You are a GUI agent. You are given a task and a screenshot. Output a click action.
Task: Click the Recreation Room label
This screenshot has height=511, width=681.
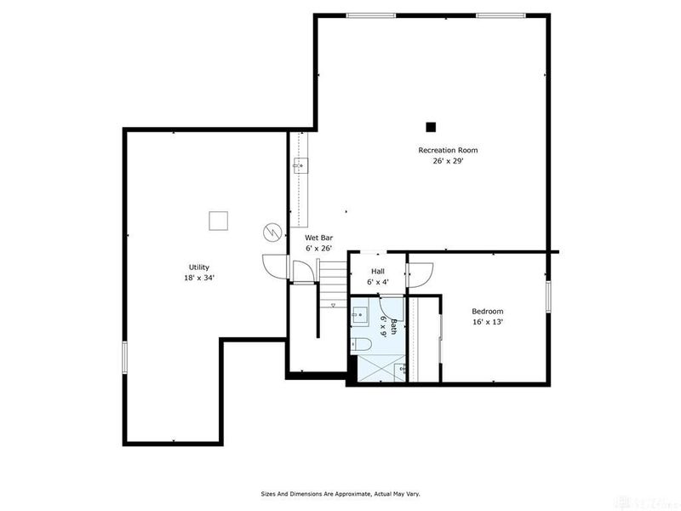(x=447, y=150)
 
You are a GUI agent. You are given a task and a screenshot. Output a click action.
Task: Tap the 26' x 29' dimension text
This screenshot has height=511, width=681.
(x=447, y=161)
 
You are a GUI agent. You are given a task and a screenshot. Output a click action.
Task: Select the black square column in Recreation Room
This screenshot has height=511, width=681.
(x=431, y=127)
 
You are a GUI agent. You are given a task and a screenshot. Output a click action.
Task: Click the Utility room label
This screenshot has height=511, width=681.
(x=199, y=267)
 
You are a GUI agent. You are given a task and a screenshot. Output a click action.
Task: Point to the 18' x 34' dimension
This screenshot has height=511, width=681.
(x=199, y=278)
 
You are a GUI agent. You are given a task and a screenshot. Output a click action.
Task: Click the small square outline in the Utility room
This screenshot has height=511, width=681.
(x=219, y=221)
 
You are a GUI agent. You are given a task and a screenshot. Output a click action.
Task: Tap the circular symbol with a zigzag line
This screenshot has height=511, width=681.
(x=272, y=232)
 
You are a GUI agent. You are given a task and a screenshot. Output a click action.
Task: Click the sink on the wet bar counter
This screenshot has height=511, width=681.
(x=300, y=166)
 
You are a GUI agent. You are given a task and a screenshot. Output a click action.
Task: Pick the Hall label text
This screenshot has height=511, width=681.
(x=378, y=271)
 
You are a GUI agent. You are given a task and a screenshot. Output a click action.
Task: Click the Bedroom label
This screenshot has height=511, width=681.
(x=488, y=311)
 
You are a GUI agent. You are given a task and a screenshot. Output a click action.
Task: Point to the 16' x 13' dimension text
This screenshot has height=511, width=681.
(x=488, y=322)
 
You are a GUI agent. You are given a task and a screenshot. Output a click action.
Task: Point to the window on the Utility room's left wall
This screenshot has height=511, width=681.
(x=125, y=355)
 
